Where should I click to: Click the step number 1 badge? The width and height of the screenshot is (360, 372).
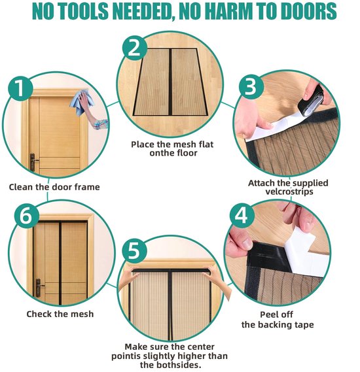[20, 88]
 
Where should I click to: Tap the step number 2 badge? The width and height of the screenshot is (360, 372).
[134, 48]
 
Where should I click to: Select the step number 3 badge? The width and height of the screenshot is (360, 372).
[251, 86]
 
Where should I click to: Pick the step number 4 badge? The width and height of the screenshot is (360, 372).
[242, 216]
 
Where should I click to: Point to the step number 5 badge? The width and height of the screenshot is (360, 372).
[134, 251]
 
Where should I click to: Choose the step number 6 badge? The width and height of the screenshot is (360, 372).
[26, 216]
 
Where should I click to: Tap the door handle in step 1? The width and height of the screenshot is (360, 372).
[33, 162]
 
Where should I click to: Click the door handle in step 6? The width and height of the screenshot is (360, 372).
[39, 288]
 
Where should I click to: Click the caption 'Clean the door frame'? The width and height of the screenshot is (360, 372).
[54, 187]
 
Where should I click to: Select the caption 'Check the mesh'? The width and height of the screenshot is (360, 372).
[60, 314]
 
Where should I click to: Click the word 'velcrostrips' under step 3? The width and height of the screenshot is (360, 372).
[289, 192]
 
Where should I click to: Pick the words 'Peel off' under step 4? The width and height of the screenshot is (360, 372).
[276, 314]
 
